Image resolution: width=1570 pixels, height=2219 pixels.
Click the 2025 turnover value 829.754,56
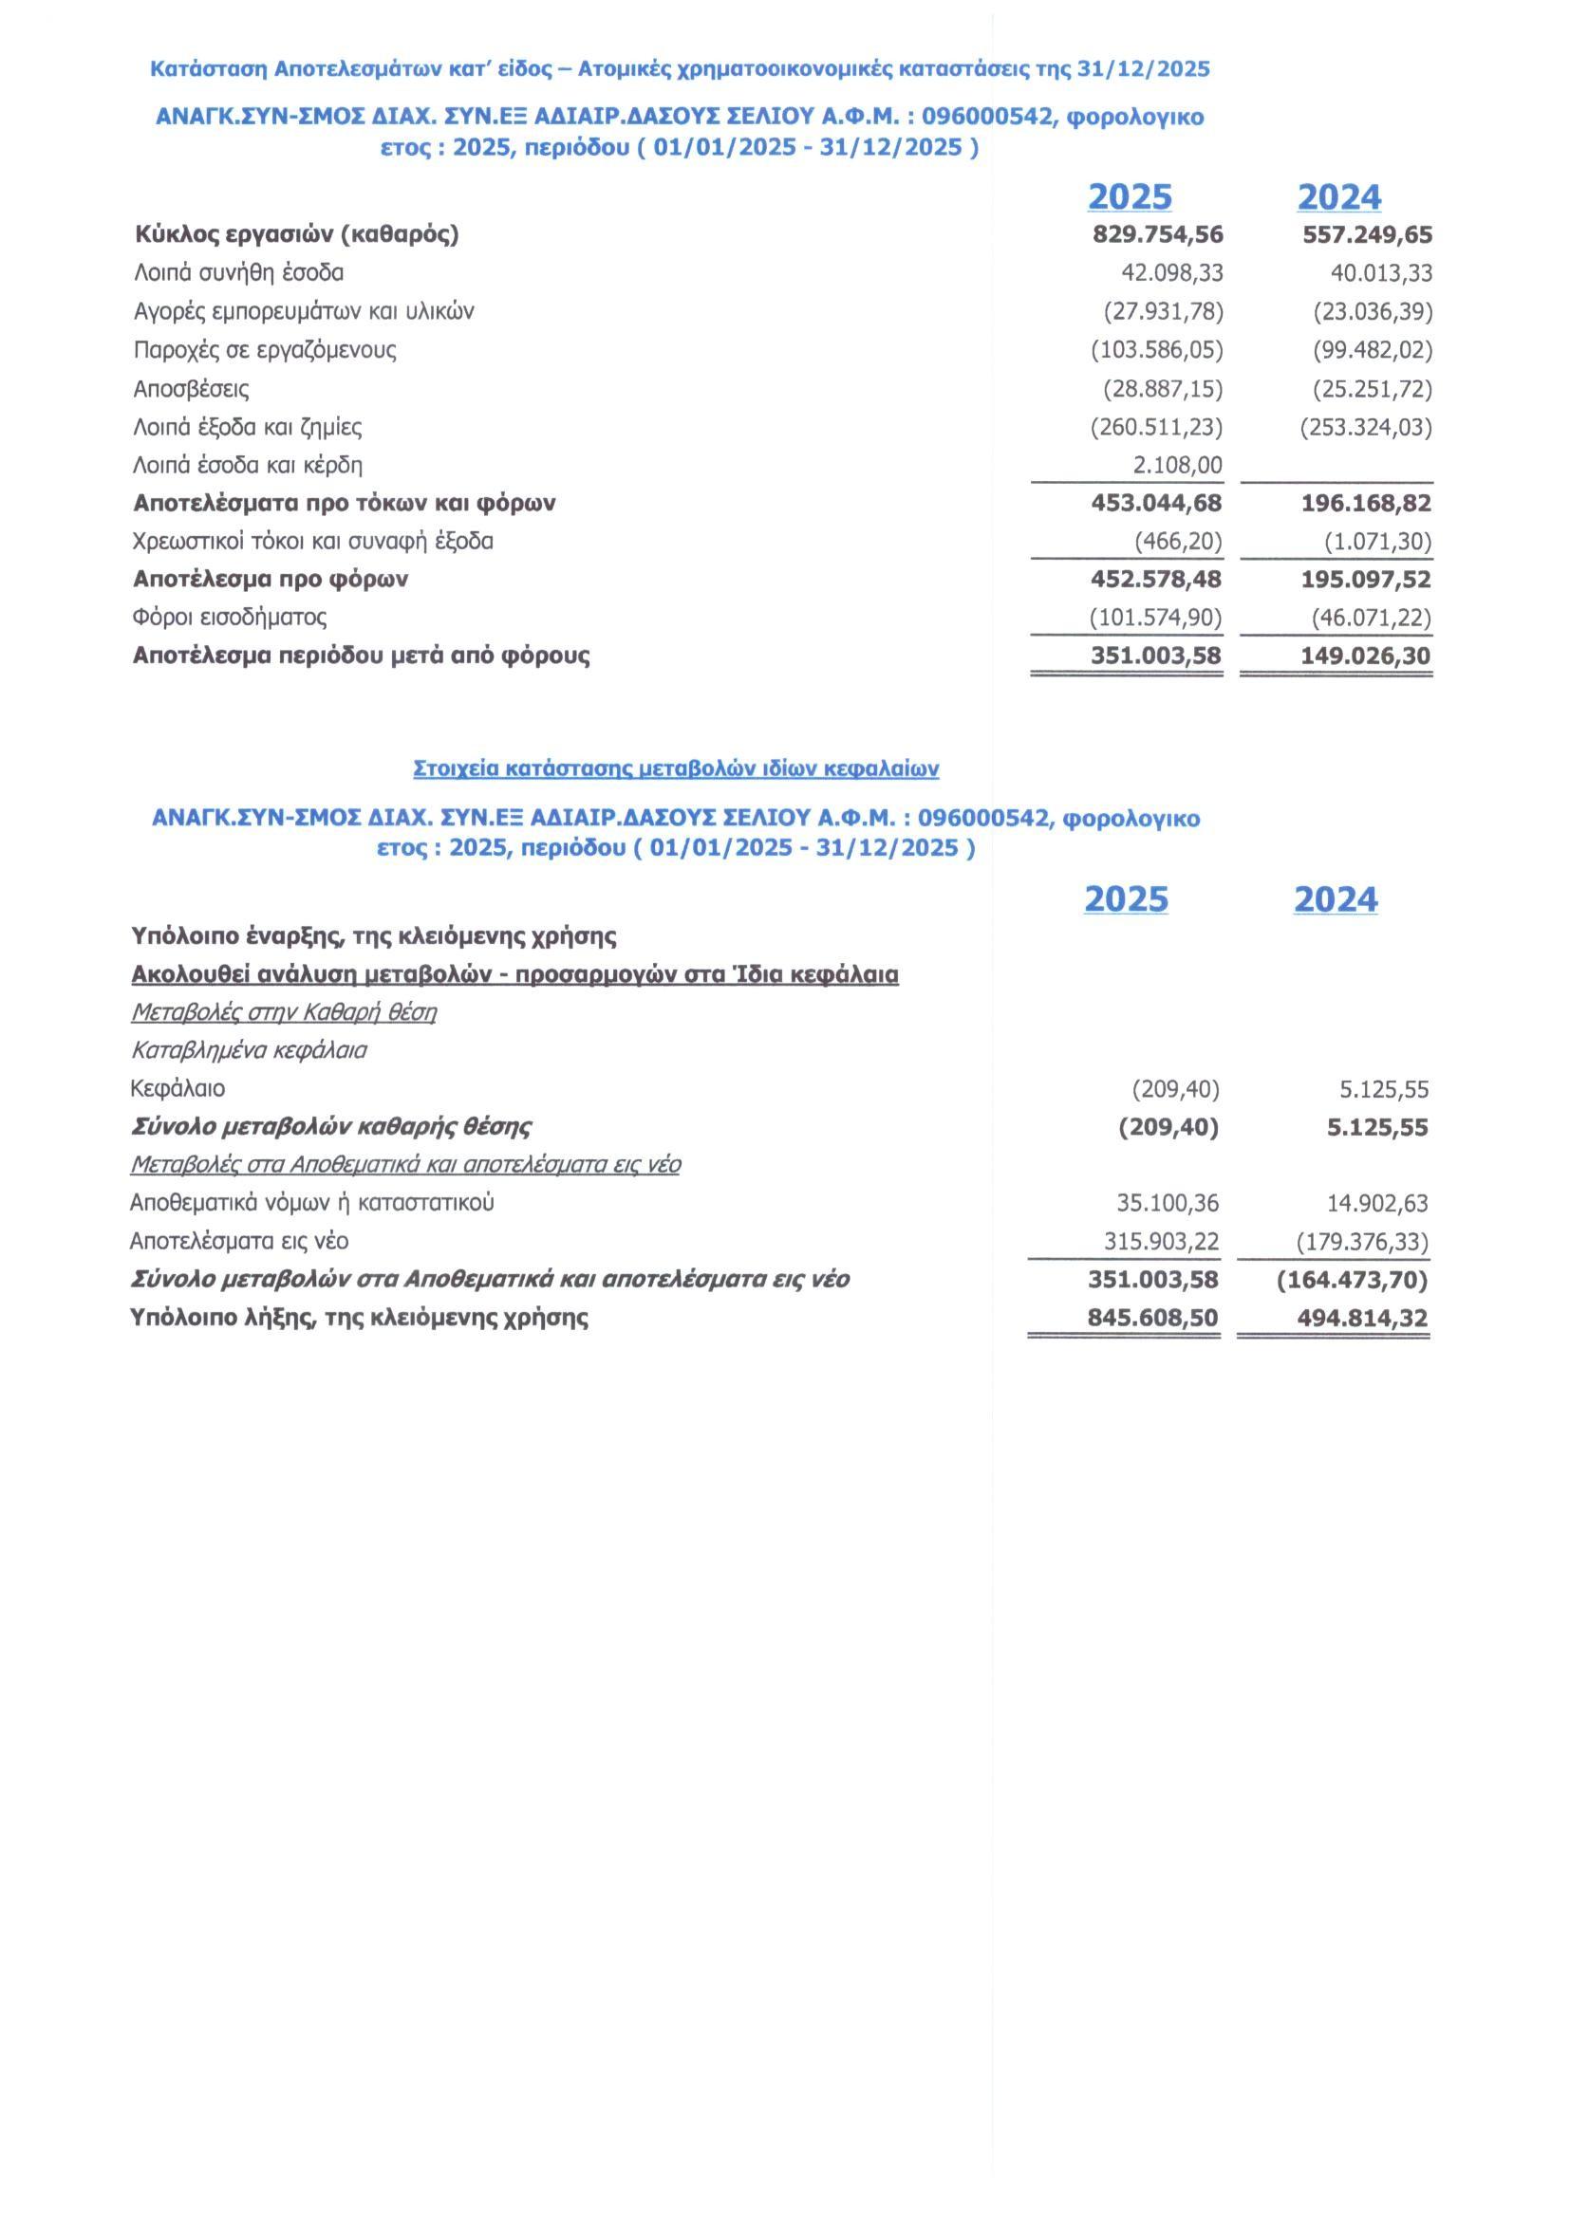pyautogui.click(x=1157, y=235)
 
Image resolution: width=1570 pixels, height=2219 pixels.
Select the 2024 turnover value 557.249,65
pyautogui.click(x=1367, y=235)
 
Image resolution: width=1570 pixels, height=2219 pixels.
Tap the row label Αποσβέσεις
pyautogui.click(x=191, y=390)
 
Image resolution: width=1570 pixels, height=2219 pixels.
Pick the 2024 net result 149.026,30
pyautogui.click(x=1366, y=656)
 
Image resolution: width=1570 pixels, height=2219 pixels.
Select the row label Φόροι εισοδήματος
pyautogui.click(x=229, y=618)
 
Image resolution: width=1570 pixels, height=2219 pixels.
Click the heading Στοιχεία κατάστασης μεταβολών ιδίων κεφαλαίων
pyautogui.click(x=676, y=769)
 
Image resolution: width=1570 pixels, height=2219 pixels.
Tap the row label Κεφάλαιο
pyautogui.click(x=178, y=1089)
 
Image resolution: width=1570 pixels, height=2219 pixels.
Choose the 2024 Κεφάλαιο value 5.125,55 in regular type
pyautogui.click(x=1383, y=1090)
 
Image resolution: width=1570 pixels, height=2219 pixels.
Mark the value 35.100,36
pyautogui.click(x=1167, y=1204)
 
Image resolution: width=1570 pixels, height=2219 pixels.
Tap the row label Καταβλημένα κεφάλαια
pyautogui.click(x=249, y=1050)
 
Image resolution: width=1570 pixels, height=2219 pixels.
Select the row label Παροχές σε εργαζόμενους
pyautogui.click(x=265, y=350)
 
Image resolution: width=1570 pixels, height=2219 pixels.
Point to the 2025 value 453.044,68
pyautogui.click(x=1157, y=504)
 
